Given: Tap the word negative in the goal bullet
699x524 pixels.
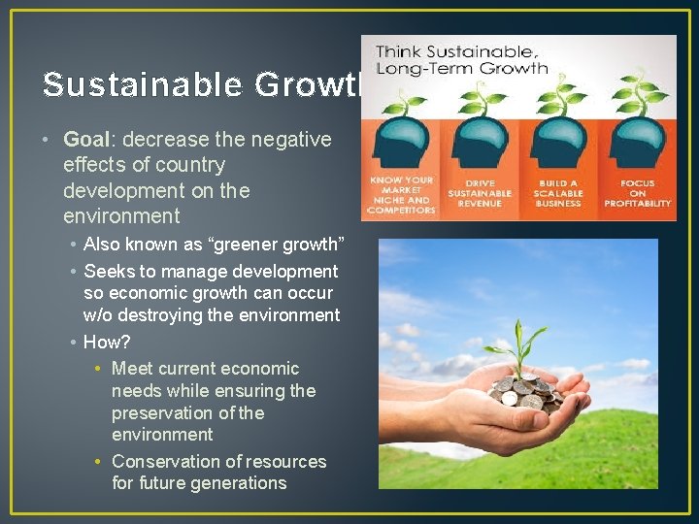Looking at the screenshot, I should pos(291,140).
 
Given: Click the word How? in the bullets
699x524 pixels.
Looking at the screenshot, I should pos(107,342).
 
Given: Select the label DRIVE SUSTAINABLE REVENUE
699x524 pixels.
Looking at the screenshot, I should pos(480,192).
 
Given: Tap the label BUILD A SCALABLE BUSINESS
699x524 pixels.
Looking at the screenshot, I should pos(559,192).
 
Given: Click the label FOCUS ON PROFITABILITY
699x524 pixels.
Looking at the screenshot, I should pos(637,192).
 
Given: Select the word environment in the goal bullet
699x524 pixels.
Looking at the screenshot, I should pos(121,215).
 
